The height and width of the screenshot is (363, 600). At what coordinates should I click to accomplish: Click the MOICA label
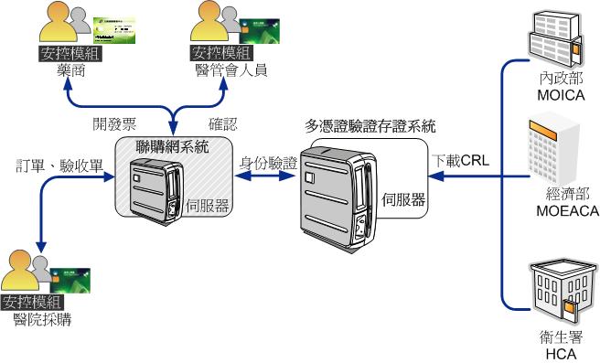[555, 94]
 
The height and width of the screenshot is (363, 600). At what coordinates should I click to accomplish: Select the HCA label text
[557, 353]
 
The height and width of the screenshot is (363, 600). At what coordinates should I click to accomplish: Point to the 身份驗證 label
[268, 163]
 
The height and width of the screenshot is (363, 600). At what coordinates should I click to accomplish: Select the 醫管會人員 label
[230, 70]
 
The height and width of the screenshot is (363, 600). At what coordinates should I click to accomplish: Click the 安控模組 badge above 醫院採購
[31, 303]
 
